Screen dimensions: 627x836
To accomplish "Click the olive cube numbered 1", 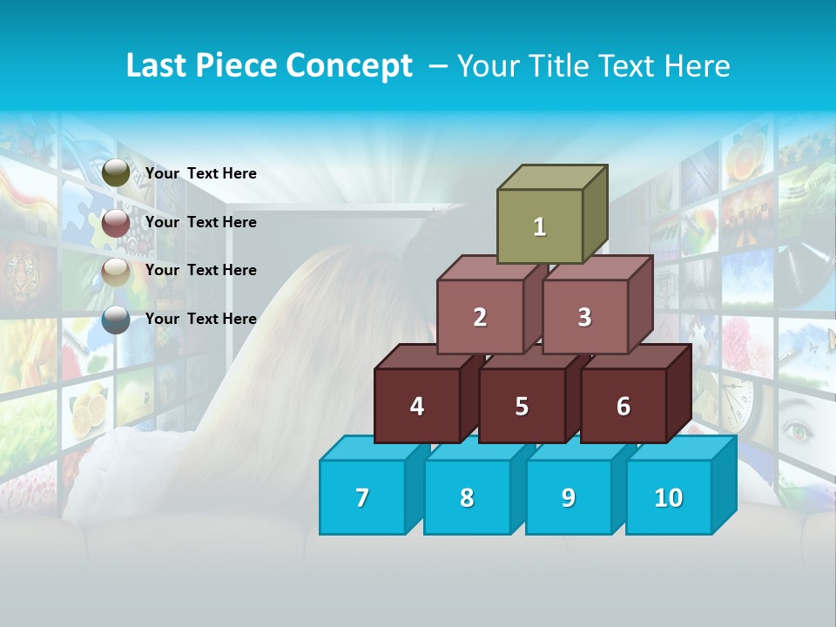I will click(540, 226).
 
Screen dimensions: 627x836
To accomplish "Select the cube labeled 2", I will click(480, 317).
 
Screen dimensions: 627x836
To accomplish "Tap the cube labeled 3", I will click(584, 317).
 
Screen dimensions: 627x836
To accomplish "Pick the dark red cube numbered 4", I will click(417, 406).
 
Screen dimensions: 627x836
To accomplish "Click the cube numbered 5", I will click(522, 406).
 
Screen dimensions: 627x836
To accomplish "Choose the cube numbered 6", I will click(624, 406).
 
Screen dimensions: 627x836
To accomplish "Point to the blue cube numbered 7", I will click(362, 497).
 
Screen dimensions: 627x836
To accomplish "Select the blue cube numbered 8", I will click(467, 497).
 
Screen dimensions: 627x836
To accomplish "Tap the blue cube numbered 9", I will click(568, 497).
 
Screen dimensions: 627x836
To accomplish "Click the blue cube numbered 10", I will click(669, 497).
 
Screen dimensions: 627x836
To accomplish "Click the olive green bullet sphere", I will click(116, 173).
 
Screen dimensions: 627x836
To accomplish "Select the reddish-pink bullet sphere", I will click(116, 223).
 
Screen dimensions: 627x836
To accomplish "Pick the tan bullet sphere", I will click(116, 272).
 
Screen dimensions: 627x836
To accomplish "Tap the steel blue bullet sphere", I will click(116, 320).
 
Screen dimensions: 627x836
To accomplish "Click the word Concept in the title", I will click(349, 66).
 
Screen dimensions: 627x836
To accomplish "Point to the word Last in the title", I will click(161, 66).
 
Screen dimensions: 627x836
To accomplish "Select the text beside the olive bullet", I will click(201, 173).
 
